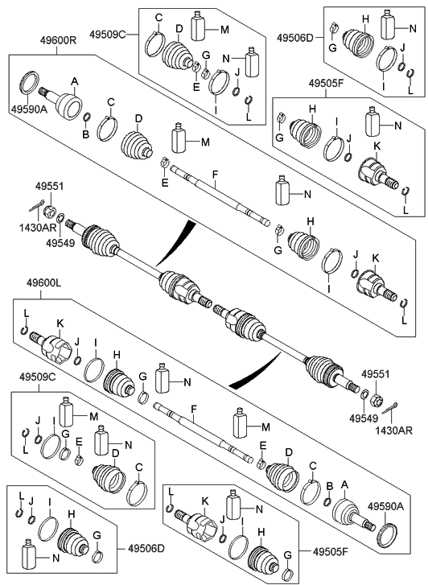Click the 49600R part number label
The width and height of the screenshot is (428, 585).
58,40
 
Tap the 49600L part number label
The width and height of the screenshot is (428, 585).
43,284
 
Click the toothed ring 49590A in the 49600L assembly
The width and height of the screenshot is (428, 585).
388,535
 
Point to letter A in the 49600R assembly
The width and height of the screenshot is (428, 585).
75,81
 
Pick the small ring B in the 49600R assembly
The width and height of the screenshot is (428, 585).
86,118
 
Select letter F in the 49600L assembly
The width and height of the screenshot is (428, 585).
193,410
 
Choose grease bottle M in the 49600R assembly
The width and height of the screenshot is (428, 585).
179,138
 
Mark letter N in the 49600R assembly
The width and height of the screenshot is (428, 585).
307,194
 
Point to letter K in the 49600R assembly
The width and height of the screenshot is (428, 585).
375,257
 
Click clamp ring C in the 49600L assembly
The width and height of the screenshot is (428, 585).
311,493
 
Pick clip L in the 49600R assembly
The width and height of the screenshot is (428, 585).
404,304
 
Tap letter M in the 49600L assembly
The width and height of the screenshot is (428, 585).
265,426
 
